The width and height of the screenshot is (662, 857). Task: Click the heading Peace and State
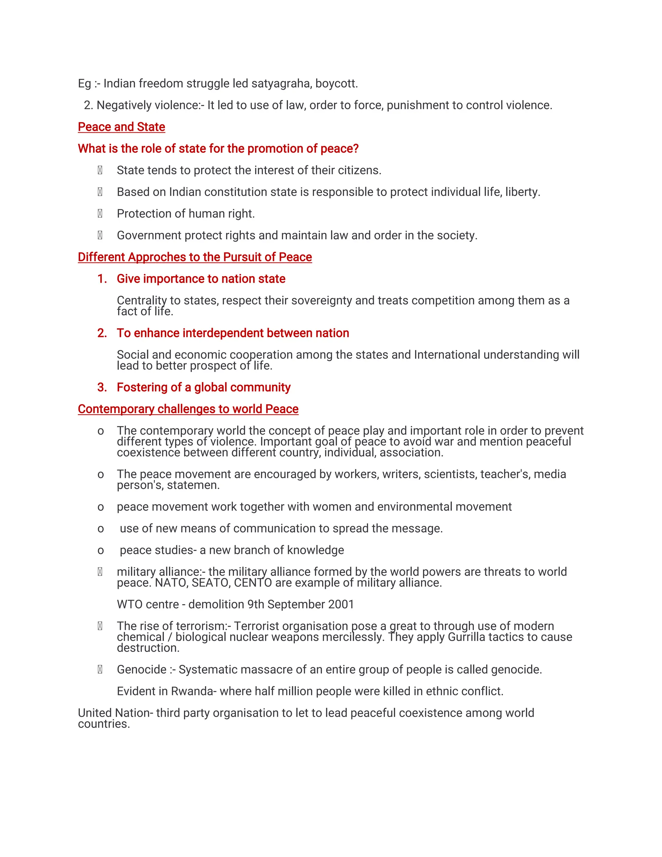121,127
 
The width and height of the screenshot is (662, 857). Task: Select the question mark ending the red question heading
356,149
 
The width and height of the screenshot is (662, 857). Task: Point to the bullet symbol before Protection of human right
100,214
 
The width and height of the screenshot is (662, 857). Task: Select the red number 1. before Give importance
102,279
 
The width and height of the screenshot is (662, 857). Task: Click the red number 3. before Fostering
102,387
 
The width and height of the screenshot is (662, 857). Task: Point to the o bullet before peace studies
101,550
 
